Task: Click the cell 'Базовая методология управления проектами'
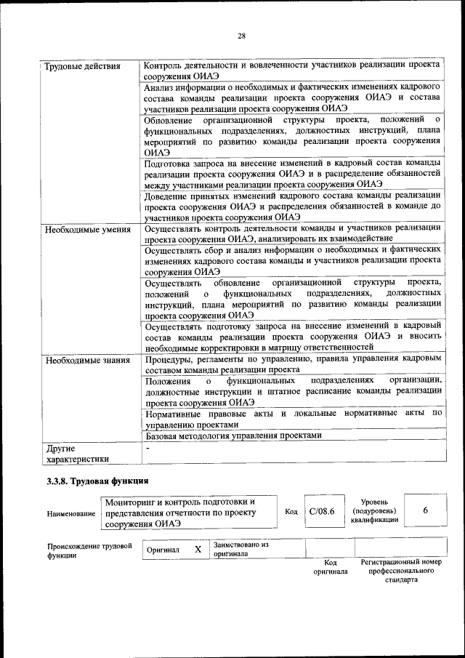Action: pos(232,436)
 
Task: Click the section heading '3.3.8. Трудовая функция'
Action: pos(97,481)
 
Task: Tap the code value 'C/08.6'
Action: pos(321,512)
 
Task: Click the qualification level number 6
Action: pos(425,511)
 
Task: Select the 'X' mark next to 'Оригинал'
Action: pos(198,550)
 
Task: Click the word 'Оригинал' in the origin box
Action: pos(163,550)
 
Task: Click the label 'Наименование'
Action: pos(71,513)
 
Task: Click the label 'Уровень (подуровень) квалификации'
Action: pos(373,511)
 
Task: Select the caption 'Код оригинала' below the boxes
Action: pos(330,567)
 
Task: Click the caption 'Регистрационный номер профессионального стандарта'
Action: pos(401,571)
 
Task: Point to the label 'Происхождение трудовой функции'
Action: pos(89,550)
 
